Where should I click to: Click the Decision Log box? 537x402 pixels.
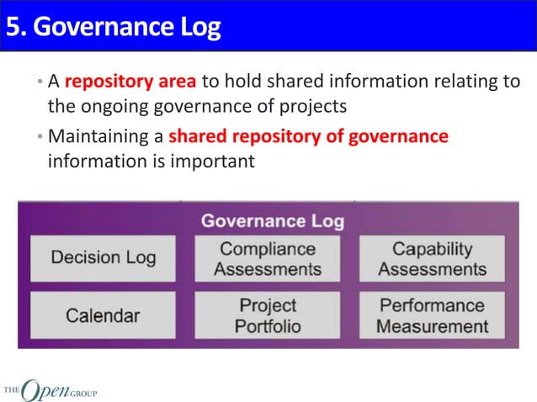click(104, 257)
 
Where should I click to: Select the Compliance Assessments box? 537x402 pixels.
click(268, 259)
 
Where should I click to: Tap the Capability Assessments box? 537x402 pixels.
click(432, 259)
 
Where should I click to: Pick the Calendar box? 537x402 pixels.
click(104, 315)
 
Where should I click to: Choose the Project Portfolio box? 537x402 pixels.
click(268, 315)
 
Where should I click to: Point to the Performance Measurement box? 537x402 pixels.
click(432, 315)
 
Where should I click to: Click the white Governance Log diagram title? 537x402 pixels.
click(272, 221)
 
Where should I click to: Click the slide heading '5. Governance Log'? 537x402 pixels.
click(113, 28)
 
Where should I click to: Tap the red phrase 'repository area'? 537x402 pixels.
click(130, 82)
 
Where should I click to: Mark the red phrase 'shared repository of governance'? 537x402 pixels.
click(308, 136)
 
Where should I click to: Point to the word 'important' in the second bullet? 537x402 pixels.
click(214, 160)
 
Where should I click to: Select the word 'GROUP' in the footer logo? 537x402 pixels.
click(83, 390)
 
